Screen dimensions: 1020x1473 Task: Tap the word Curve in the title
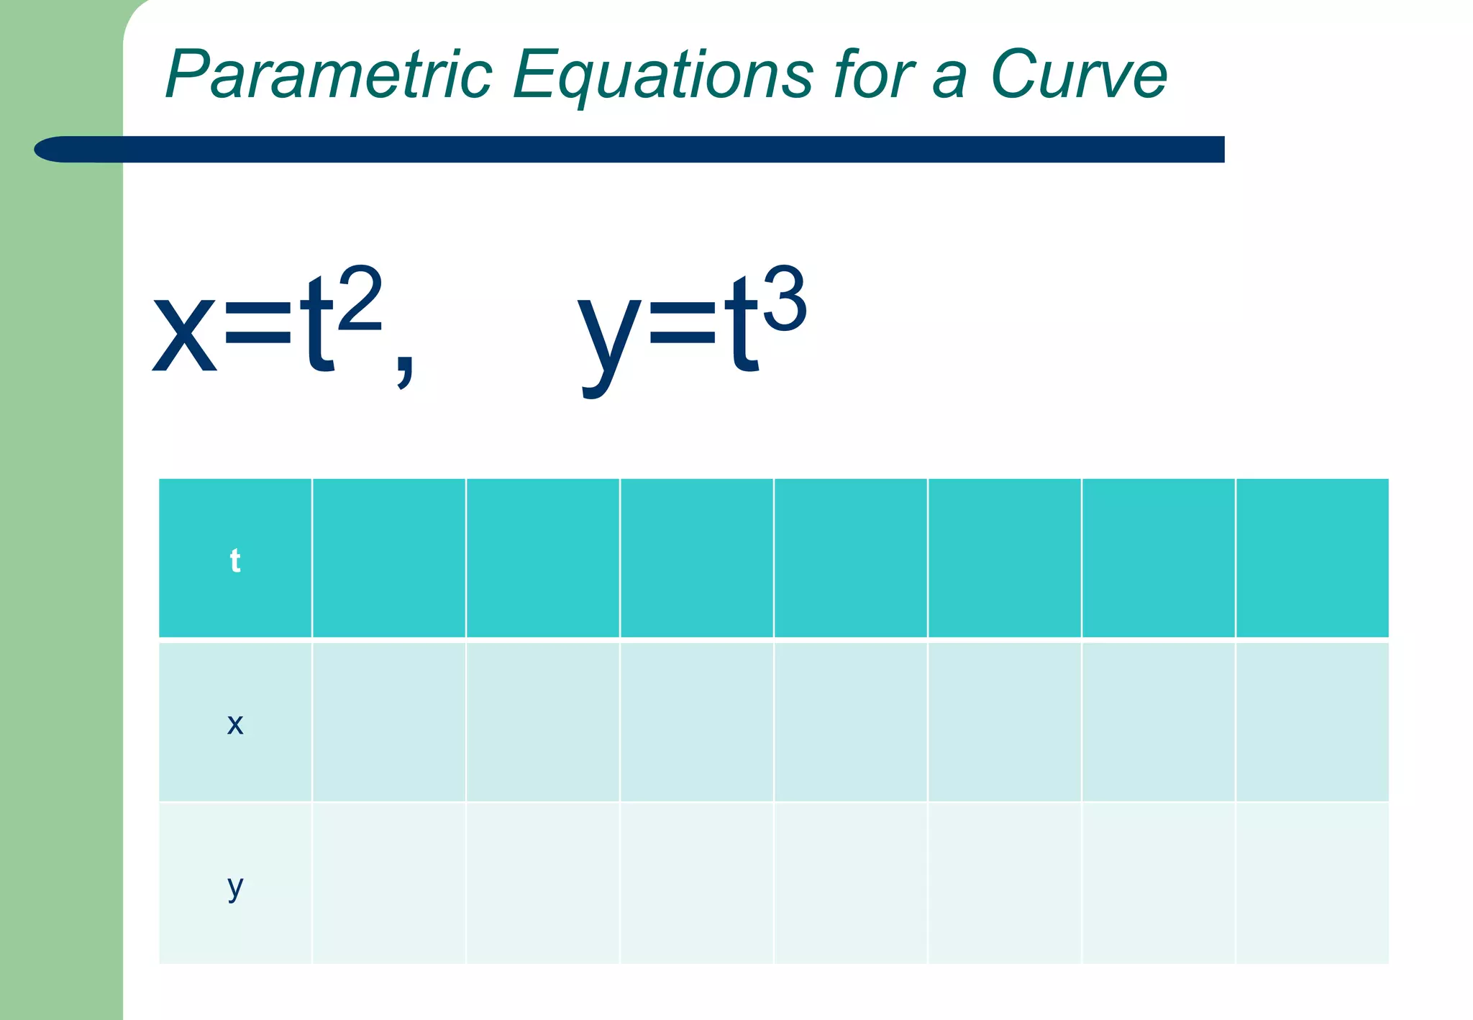pos(1078,75)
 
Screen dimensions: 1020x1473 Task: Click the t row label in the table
pos(235,560)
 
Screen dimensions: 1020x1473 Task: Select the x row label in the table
pos(235,723)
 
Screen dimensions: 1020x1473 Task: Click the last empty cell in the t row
pos(1312,558)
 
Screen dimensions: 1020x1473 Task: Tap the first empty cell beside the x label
pos(389,721)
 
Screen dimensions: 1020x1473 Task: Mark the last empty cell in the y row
pos(1312,883)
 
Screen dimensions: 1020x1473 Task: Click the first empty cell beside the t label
pos(389,558)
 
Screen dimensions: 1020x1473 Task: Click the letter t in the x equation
pos(317,327)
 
